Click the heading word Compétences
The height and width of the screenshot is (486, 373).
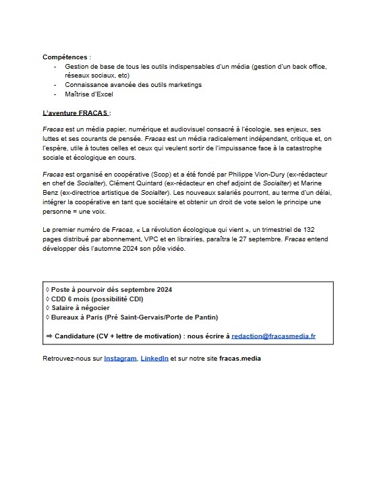[x=66, y=57]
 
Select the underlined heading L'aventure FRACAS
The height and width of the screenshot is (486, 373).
[x=76, y=112]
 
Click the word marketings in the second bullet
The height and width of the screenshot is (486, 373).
[x=181, y=85]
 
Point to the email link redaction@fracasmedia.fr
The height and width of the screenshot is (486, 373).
[x=273, y=336]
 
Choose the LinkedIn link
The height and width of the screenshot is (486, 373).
[x=154, y=359]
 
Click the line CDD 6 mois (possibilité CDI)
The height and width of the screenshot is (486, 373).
[x=94, y=299]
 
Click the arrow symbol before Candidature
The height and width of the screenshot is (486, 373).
[x=49, y=336]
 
